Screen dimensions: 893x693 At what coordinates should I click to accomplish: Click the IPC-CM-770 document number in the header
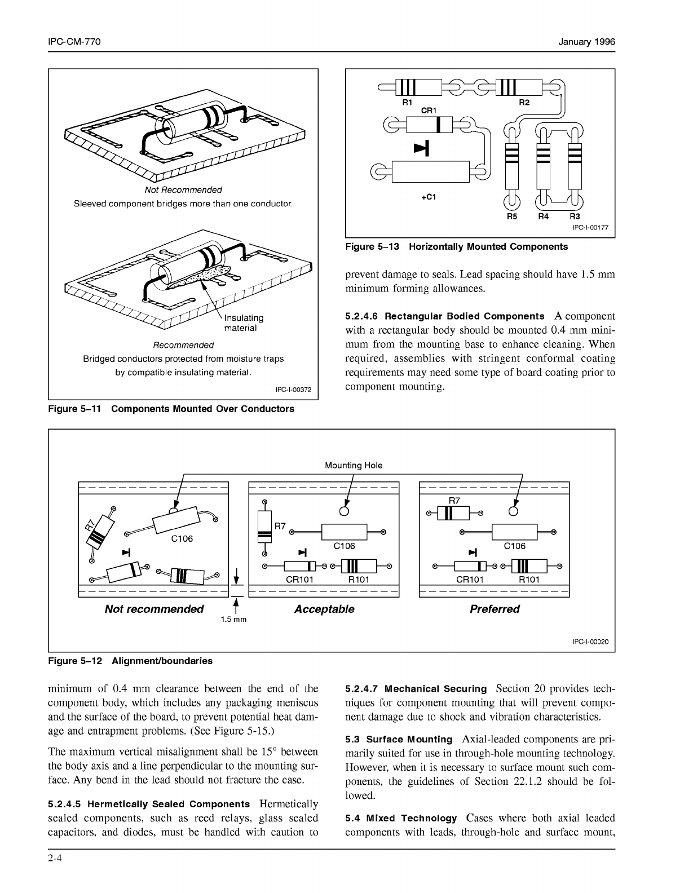click(x=74, y=42)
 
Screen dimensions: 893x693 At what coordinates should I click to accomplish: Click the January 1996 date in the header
click(x=586, y=42)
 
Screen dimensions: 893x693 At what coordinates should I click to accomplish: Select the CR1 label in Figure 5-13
click(x=430, y=110)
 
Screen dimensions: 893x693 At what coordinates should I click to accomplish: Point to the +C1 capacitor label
click(x=429, y=198)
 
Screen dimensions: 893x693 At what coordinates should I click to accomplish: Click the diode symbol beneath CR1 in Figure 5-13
click(x=422, y=147)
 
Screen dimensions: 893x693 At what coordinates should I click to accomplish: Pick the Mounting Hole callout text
click(x=354, y=465)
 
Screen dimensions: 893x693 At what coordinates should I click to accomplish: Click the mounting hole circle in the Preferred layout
click(x=513, y=511)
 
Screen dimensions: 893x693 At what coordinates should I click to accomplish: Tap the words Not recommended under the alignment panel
click(x=154, y=609)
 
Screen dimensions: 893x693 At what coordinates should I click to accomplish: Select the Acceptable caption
click(x=324, y=609)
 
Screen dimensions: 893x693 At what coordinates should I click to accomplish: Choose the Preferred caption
click(x=495, y=609)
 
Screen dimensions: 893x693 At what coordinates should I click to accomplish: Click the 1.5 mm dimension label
click(x=233, y=619)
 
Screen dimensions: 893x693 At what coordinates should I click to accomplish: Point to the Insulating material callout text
click(x=243, y=323)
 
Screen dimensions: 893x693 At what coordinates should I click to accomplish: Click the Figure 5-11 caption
click(x=171, y=409)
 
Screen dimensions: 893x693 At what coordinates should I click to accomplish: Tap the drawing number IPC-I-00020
click(x=590, y=642)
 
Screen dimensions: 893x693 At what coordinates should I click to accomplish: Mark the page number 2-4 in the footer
click(x=55, y=859)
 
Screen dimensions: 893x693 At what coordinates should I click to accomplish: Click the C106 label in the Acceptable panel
click(x=344, y=546)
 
